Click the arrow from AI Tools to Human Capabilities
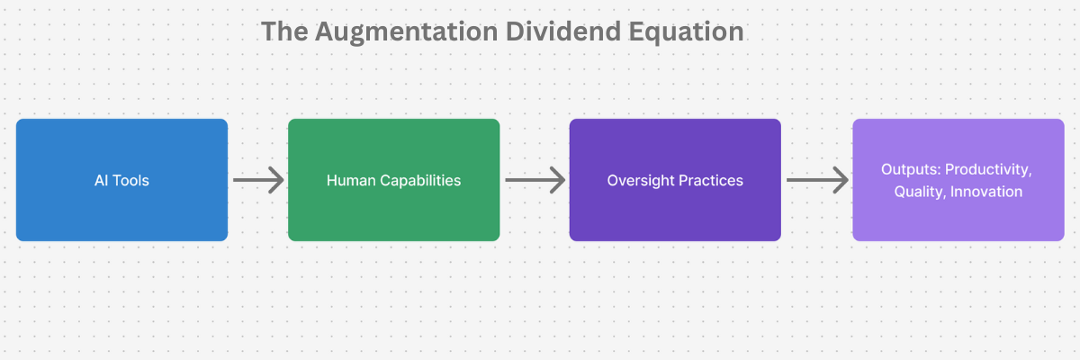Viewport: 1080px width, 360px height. [x=258, y=180]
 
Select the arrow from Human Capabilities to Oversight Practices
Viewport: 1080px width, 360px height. [x=535, y=180]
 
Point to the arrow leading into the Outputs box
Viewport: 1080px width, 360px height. [x=817, y=180]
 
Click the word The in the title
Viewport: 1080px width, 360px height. [x=283, y=31]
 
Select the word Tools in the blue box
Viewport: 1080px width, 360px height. [x=131, y=181]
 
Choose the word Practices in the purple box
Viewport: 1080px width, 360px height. [x=710, y=181]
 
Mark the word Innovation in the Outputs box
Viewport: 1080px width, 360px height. [x=987, y=192]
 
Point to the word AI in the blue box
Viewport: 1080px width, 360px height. [x=102, y=181]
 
